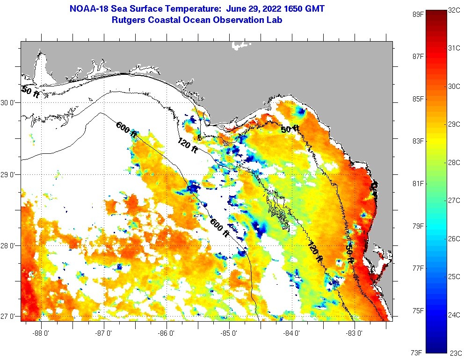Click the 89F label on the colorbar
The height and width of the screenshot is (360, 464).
418,14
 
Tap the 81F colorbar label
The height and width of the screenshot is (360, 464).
418,183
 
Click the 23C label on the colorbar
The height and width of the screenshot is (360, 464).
456,353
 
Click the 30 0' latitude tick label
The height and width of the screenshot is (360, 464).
8,102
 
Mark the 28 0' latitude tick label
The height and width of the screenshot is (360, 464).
8,245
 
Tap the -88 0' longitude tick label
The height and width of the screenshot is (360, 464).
41,333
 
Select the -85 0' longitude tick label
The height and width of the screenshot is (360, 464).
229,333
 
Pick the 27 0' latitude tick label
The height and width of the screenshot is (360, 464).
8,317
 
